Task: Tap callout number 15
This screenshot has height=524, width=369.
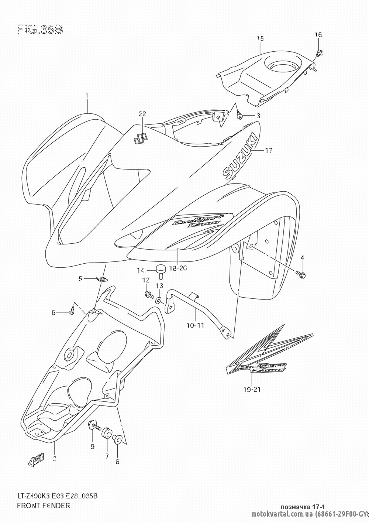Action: pyautogui.click(x=260, y=38)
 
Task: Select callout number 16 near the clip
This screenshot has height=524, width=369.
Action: pyautogui.click(x=318, y=35)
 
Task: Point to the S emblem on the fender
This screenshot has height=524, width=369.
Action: pyautogui.click(x=140, y=138)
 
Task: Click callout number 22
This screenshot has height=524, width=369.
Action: pyautogui.click(x=142, y=114)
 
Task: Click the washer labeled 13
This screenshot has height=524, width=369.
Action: pyautogui.click(x=159, y=300)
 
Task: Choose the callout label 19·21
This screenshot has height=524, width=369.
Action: pyautogui.click(x=252, y=389)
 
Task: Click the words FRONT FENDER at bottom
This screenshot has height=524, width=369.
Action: pyautogui.click(x=44, y=506)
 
